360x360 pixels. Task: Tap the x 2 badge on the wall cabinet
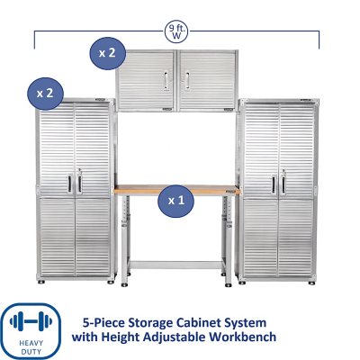(106, 53)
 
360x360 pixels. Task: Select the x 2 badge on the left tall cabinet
(44, 91)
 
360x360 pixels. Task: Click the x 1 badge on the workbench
(175, 200)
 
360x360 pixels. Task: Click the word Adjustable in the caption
(187, 337)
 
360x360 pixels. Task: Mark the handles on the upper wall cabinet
(175, 81)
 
